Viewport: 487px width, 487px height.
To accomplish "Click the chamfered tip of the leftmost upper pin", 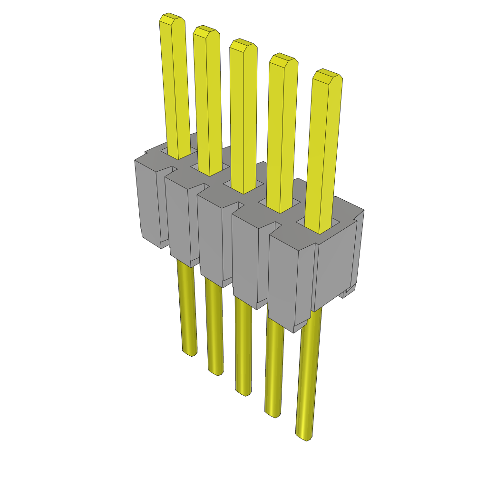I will pos(172,19).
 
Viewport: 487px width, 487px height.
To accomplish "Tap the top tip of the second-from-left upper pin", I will pos(206,32).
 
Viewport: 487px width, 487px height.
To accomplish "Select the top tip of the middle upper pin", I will pos(243,46).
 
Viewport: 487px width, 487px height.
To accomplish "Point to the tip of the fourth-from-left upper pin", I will pos(283,60).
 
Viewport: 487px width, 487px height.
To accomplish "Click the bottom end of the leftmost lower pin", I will pos(189,352).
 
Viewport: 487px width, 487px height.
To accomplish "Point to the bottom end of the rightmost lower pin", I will pos(304,436).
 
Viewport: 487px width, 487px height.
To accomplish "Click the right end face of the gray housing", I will pos(335,271).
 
